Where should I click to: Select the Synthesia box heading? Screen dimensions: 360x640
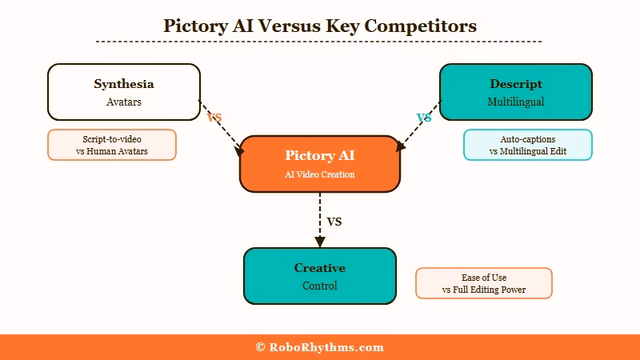(x=124, y=84)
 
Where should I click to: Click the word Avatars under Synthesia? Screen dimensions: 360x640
(x=124, y=102)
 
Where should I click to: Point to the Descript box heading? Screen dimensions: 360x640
(x=516, y=84)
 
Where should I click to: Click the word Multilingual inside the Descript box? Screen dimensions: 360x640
(x=516, y=102)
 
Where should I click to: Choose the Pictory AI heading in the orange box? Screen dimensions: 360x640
(x=319, y=155)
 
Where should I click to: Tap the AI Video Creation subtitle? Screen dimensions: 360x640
(x=319, y=174)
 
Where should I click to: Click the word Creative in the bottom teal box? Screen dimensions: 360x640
(x=319, y=268)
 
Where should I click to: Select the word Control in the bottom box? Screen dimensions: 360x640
(x=319, y=286)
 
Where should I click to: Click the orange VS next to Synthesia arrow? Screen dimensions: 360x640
(x=214, y=118)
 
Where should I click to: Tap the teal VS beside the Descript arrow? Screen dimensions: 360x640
(x=424, y=118)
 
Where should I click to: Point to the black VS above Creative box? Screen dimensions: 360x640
(x=334, y=222)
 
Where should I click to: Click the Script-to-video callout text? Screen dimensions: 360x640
(x=112, y=145)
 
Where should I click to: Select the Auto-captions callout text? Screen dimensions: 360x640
(x=528, y=145)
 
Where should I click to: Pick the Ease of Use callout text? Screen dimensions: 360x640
(x=484, y=283)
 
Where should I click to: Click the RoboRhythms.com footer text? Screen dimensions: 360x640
(x=319, y=347)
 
